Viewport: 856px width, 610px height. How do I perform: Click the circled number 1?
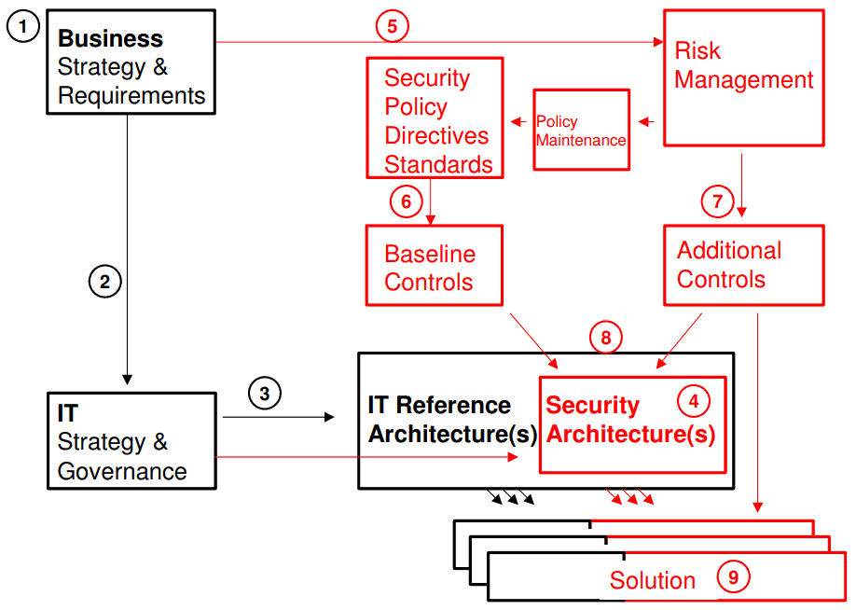click(23, 27)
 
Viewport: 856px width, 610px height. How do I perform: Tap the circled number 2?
click(105, 281)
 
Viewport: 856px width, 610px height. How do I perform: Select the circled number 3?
click(264, 394)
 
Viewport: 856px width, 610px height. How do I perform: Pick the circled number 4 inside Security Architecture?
click(693, 401)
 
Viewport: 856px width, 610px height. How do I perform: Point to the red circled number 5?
click(393, 26)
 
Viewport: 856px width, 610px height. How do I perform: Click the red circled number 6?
click(406, 201)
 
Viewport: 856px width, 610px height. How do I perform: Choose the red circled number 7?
click(717, 201)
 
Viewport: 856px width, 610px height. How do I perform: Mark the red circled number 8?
click(605, 338)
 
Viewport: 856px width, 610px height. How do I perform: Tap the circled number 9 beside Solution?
click(733, 577)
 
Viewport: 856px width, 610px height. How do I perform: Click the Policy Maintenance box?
click(581, 130)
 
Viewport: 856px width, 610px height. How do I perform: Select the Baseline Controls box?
click(434, 265)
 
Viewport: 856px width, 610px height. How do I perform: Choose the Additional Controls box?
click(743, 265)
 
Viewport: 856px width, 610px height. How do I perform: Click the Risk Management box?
click(743, 77)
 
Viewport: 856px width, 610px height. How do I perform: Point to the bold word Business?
click(110, 39)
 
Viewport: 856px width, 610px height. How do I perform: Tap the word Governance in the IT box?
click(122, 471)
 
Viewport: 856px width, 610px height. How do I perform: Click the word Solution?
click(652, 580)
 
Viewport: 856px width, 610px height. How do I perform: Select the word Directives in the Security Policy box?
click(436, 135)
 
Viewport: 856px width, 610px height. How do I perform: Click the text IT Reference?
click(439, 406)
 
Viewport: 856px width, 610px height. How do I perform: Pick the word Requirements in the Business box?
click(131, 95)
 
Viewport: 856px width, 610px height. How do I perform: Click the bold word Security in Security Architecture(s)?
click(592, 406)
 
